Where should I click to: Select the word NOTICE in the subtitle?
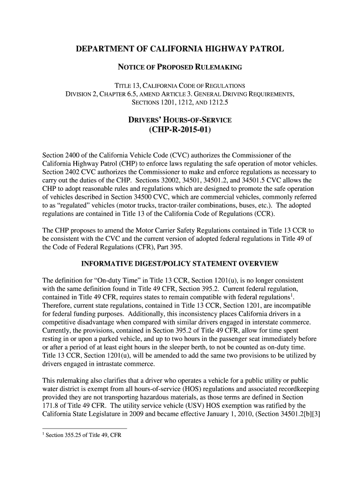tap(130, 68)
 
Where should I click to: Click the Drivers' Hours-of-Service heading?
tap(180, 120)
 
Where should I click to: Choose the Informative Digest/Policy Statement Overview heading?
tap(180, 264)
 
